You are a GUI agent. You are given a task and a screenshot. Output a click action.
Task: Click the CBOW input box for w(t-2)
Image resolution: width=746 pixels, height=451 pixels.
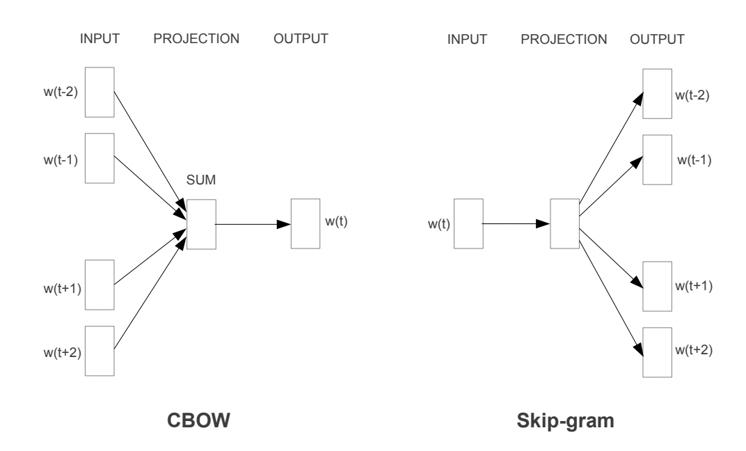(99, 92)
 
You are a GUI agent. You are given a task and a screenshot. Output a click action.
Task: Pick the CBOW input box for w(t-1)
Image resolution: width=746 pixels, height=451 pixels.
(99, 158)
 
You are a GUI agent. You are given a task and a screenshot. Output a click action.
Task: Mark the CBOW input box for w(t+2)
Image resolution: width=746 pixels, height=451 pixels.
(99, 350)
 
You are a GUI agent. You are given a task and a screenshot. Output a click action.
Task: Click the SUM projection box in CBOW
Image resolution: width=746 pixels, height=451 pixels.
(201, 224)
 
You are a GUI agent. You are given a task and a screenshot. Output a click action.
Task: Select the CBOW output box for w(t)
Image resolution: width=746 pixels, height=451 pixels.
(305, 223)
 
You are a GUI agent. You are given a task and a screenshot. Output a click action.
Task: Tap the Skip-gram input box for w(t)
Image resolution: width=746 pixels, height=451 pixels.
(468, 223)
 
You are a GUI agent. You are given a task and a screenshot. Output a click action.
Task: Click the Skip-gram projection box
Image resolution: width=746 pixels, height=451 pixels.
(564, 223)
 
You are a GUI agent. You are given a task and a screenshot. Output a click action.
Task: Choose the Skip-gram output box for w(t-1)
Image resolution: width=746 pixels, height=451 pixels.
(657, 159)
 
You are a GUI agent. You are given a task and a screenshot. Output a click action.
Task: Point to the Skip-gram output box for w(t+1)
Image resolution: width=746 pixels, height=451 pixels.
(657, 285)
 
